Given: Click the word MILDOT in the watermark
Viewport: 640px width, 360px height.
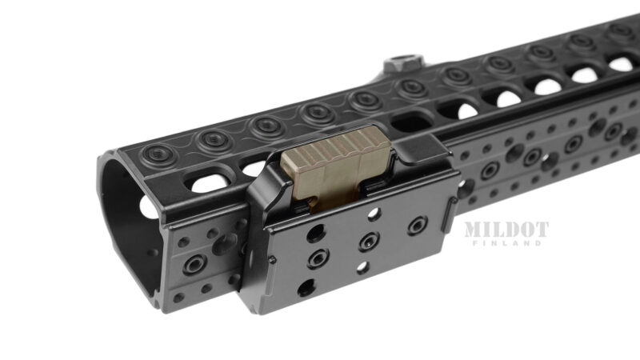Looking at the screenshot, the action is point(506,230).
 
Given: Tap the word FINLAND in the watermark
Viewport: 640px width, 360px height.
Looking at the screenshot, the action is point(506,243).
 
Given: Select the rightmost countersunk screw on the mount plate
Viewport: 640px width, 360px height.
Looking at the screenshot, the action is point(417,226).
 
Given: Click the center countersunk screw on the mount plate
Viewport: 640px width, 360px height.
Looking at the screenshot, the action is point(369,242).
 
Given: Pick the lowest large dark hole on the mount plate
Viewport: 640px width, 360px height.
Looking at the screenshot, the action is point(306,287).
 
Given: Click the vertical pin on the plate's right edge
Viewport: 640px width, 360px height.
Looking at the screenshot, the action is point(449,215).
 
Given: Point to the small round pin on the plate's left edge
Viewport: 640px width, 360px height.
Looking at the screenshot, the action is point(272,260).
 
